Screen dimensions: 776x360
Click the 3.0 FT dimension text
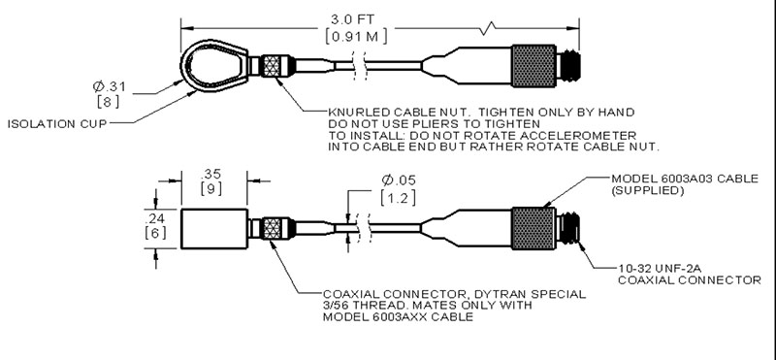352,19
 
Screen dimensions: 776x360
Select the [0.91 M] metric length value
356,37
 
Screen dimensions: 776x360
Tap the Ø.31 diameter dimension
110,86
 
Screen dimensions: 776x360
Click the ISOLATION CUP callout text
57,124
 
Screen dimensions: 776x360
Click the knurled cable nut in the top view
273,66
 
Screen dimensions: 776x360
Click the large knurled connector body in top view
533,66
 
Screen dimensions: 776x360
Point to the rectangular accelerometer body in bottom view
213,229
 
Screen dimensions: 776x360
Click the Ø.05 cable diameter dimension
399,180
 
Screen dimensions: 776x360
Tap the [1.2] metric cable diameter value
398,197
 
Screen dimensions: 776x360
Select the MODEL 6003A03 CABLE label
685,179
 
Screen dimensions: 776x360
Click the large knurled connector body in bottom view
533,228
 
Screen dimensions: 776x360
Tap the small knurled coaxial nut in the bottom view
273,228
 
